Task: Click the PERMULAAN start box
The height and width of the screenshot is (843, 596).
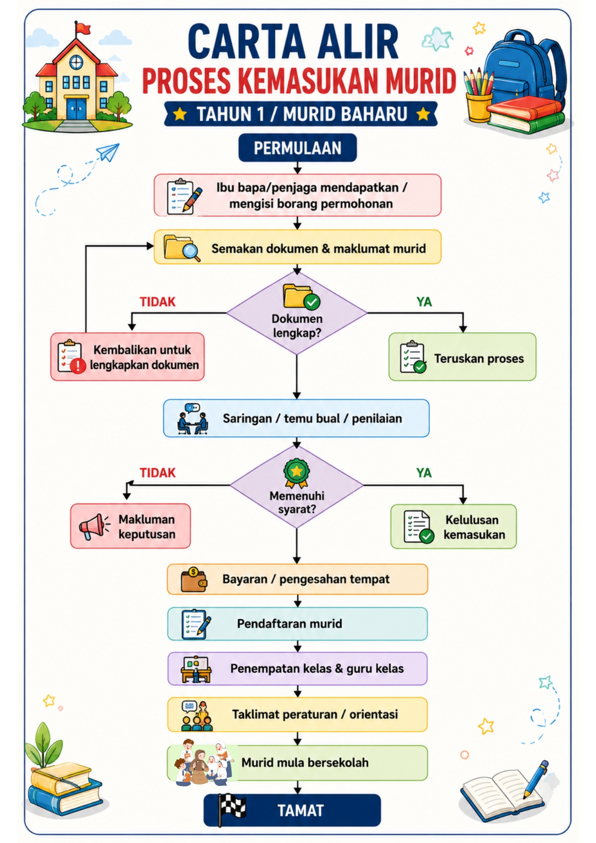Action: (297, 148)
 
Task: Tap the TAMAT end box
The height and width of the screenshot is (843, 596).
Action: (292, 810)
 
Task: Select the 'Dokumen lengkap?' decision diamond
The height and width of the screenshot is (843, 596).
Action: (297, 313)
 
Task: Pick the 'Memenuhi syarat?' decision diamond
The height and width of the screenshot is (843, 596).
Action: (297, 486)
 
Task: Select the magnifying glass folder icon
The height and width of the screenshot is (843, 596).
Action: (182, 247)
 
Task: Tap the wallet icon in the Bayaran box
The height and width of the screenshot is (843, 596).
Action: (194, 579)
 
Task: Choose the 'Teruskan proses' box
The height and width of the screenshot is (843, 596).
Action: (462, 357)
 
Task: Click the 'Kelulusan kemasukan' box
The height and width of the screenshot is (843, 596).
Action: (453, 526)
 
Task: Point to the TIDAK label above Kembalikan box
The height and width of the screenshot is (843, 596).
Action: (158, 302)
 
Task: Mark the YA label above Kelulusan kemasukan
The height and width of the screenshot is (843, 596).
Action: (424, 473)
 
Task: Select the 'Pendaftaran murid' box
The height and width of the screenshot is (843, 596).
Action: (297, 624)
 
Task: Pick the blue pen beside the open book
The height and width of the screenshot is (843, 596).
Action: (536, 779)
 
